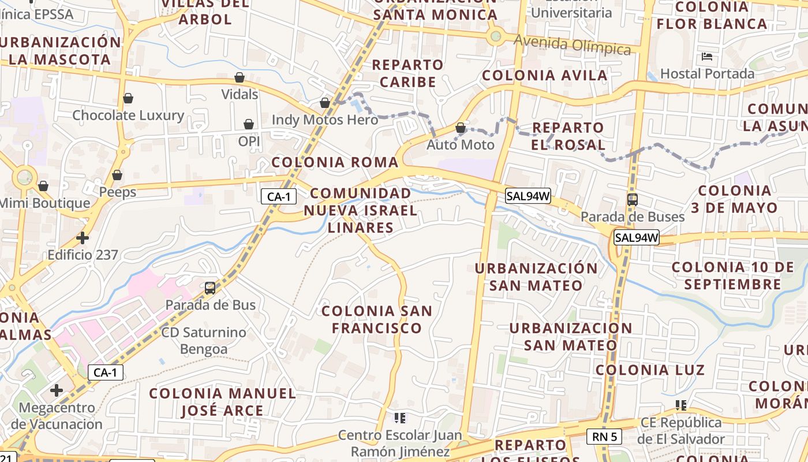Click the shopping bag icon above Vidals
[240, 77]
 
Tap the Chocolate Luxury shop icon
[128, 98]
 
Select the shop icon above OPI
[249, 124]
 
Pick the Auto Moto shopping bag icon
[461, 128]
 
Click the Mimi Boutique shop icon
[43, 186]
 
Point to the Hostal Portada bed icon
[707, 57]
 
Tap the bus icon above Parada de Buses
[633, 200]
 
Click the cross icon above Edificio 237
[83, 237]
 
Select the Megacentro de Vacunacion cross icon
[57, 390]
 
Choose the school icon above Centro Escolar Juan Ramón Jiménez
[399, 417]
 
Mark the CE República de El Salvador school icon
[681, 405]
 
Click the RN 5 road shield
[604, 437]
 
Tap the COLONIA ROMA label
[335, 162]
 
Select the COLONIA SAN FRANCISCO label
[376, 319]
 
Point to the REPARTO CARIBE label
[407, 73]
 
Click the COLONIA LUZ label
[650, 370]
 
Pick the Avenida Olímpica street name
[572, 44]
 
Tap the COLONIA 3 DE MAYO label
[735, 199]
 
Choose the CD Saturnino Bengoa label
[204, 341]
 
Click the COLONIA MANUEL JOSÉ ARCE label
[222, 402]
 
